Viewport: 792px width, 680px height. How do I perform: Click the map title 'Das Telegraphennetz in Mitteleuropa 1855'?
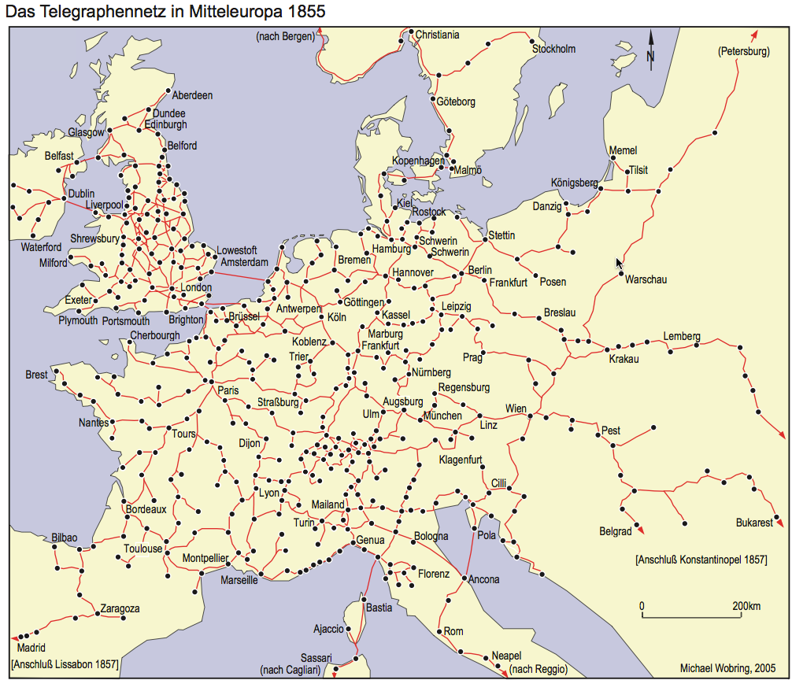pos(164,12)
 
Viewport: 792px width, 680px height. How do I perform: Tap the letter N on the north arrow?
pos(650,56)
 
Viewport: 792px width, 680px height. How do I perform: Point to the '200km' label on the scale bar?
pos(745,606)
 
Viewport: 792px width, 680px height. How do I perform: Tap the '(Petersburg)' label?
pos(743,52)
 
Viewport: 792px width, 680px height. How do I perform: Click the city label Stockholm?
pos(553,49)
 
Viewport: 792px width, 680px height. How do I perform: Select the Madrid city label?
pos(31,649)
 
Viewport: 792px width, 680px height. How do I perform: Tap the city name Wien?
pos(516,408)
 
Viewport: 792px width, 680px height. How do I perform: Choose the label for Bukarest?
pos(754,523)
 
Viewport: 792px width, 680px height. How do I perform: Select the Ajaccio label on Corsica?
pos(328,629)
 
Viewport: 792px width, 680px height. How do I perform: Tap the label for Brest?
pos(36,375)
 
